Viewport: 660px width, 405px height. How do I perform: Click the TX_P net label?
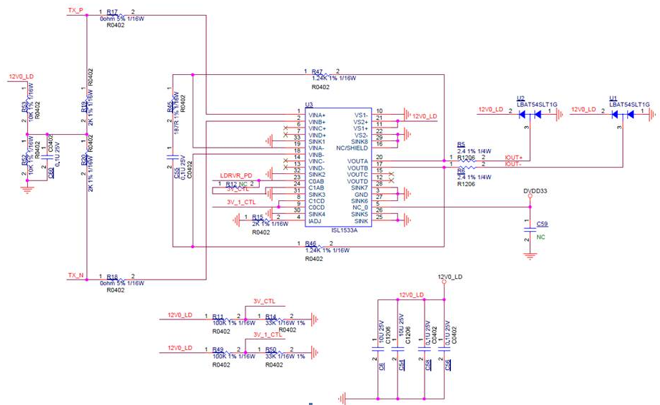[x=75, y=11]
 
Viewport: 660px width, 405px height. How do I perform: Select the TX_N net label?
[x=75, y=275]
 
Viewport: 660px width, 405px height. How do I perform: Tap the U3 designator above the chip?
[x=309, y=105]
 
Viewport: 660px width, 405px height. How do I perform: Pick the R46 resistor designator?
[x=310, y=244]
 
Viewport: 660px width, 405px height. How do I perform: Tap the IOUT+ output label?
[x=513, y=158]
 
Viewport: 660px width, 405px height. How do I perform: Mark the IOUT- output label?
[x=513, y=165]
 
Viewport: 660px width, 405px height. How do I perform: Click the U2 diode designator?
[x=520, y=98]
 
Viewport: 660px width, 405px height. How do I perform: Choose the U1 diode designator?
[x=613, y=98]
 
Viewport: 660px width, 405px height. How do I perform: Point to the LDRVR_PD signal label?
[x=236, y=175]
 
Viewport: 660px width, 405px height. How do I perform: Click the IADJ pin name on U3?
[x=315, y=221]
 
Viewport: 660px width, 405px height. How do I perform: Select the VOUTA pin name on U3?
[x=358, y=162]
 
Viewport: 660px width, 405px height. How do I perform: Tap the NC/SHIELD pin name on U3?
[x=352, y=148]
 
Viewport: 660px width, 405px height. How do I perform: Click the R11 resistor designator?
[x=218, y=316]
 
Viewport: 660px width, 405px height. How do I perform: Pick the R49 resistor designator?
[x=218, y=349]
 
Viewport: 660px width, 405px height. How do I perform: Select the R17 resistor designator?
[x=112, y=13]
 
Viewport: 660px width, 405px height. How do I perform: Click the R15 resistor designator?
[x=257, y=217]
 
